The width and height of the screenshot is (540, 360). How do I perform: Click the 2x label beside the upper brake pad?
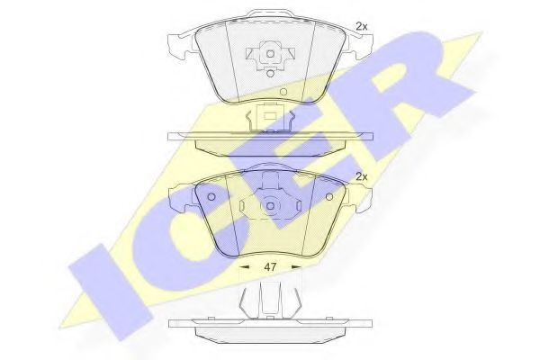pyautogui.click(x=362, y=26)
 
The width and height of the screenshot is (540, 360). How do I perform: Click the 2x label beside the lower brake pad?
pyautogui.click(x=363, y=176)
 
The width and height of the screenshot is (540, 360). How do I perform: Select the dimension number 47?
pyautogui.click(x=270, y=267)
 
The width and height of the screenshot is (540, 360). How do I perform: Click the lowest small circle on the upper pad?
pyautogui.click(x=283, y=92)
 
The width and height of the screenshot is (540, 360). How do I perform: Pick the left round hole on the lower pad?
pyautogui.click(x=211, y=198)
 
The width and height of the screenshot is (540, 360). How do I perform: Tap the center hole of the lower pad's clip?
pyautogui.click(x=270, y=205)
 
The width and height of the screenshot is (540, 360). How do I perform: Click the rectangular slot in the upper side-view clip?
pyautogui.click(x=267, y=114)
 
